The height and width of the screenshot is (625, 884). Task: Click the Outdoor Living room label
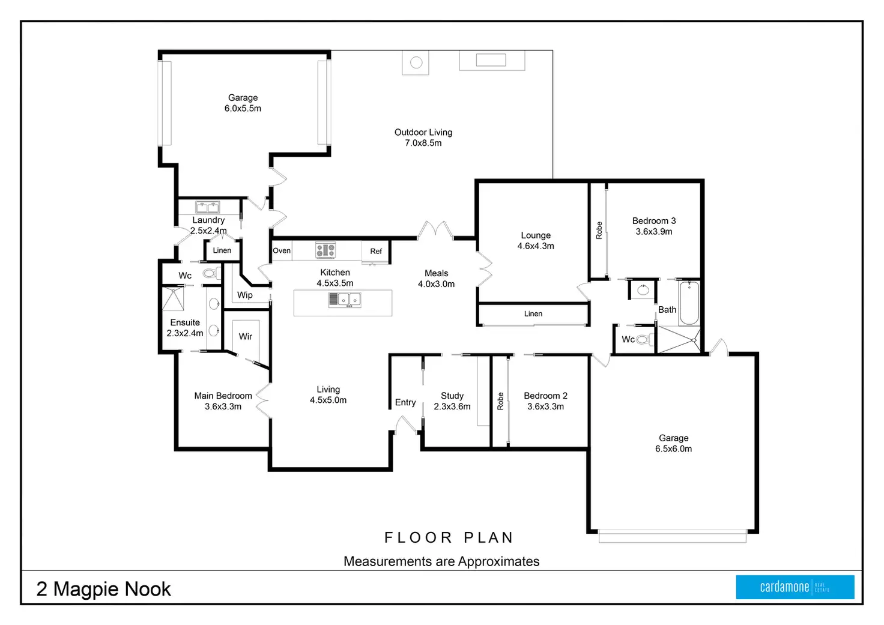[423, 132]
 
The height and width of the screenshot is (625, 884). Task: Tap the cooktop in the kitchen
[325, 250]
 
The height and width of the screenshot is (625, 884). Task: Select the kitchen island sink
[345, 299]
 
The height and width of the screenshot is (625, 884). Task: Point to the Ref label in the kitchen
[376, 252]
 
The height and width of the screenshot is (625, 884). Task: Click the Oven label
[282, 251]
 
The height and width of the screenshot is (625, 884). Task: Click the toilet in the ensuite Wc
[210, 274]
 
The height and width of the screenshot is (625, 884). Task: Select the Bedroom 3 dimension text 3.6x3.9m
[654, 232]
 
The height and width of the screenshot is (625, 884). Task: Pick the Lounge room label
[536, 235]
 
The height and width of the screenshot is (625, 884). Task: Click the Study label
[452, 396]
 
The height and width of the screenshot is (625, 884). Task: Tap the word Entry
[405, 402]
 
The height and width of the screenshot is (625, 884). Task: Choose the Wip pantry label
[245, 295]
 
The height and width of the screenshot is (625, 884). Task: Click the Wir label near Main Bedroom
[246, 336]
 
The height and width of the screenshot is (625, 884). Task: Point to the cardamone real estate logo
[795, 587]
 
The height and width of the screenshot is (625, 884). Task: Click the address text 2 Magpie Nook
[104, 589]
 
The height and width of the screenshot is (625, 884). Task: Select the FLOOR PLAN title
[449, 537]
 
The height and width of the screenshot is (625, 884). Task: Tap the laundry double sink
[208, 207]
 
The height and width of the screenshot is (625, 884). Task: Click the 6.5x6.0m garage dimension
[673, 449]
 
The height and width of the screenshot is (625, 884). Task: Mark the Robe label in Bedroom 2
[500, 401]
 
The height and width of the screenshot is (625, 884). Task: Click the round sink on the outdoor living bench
[416, 62]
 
